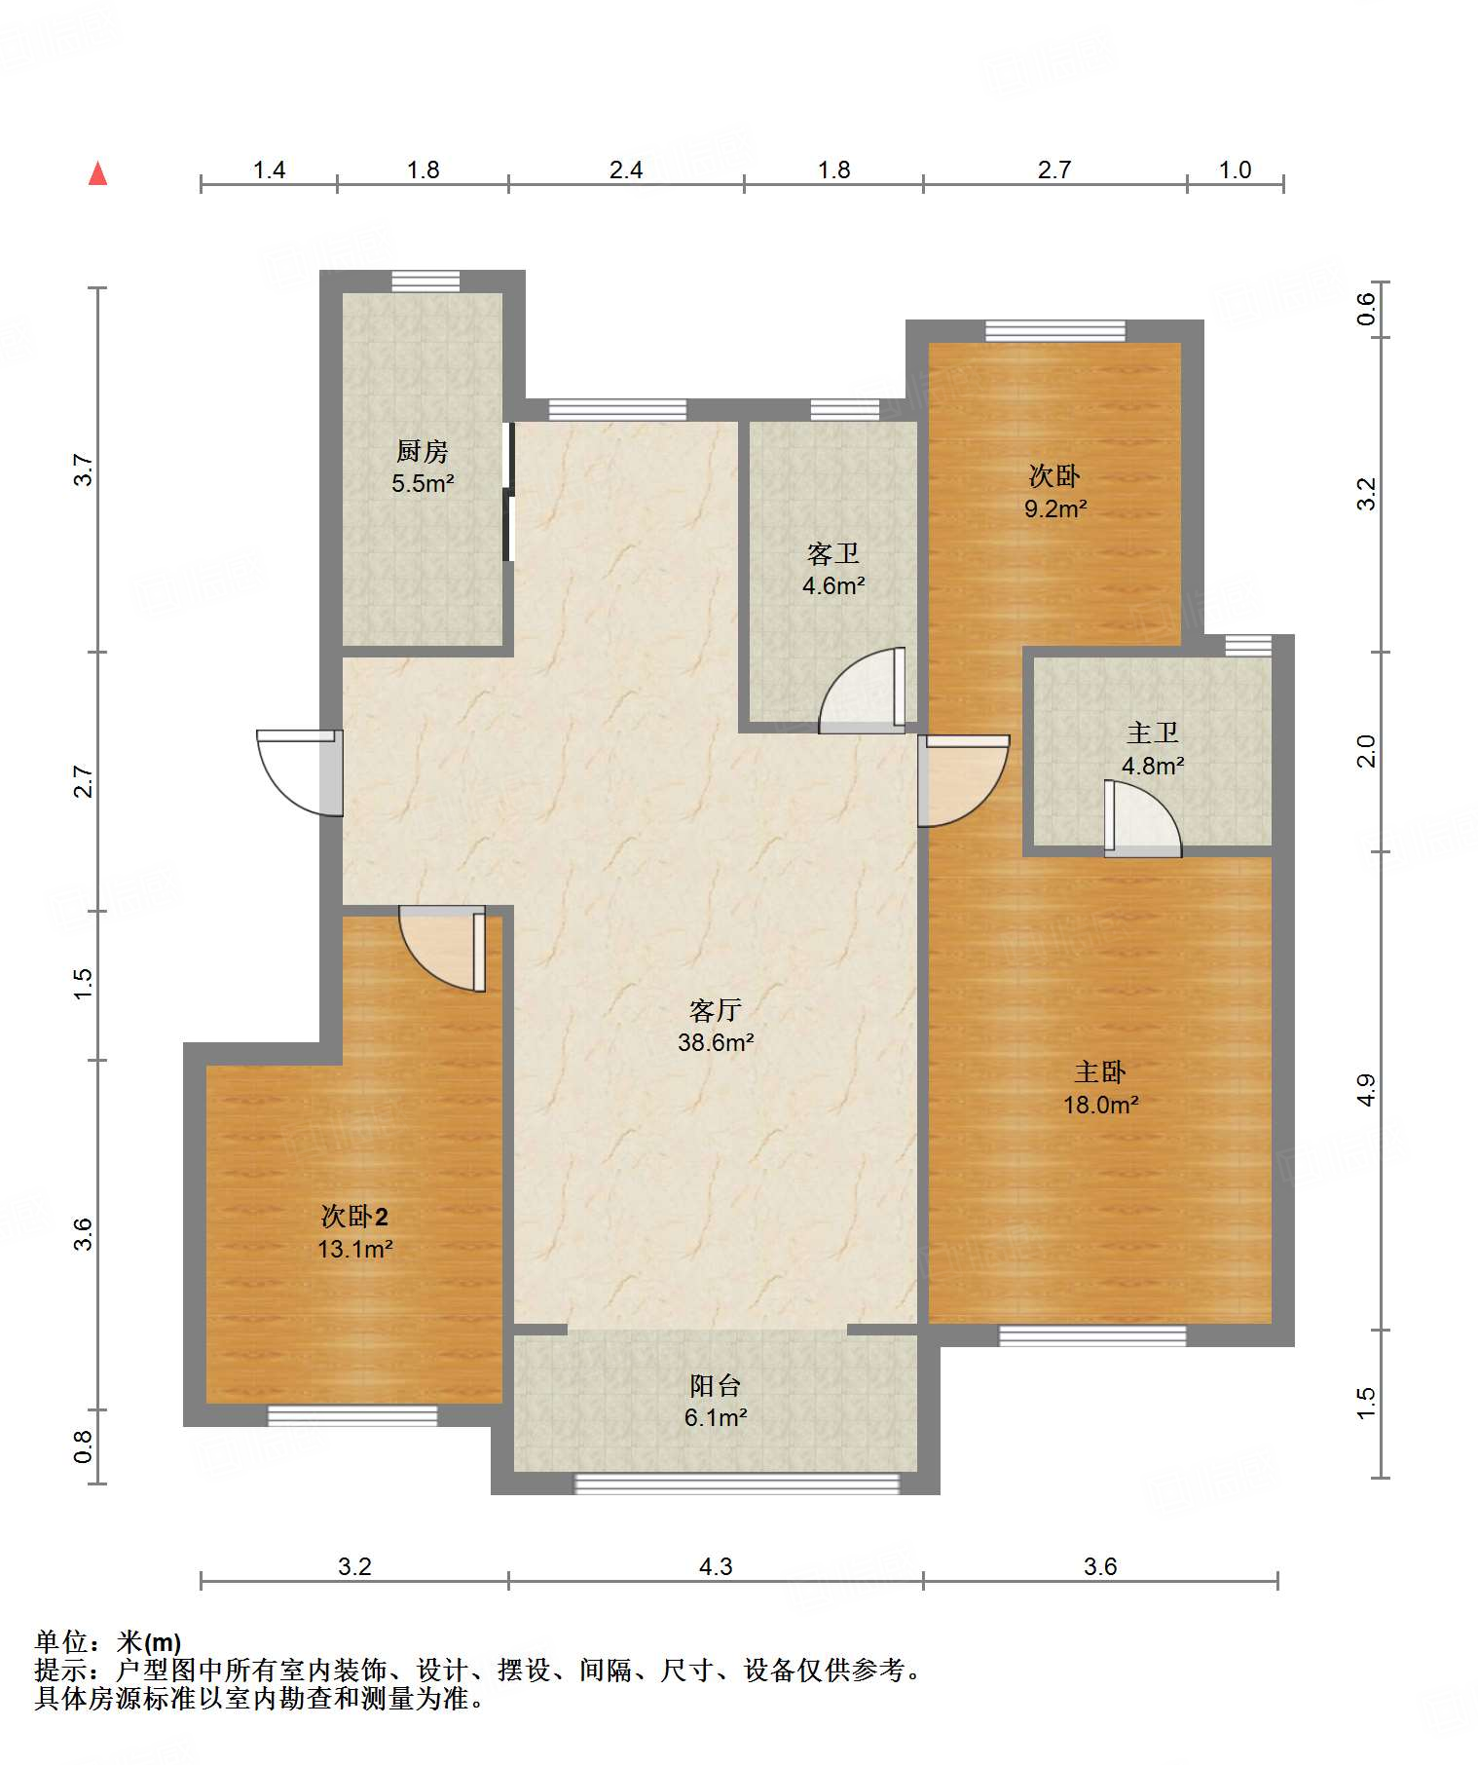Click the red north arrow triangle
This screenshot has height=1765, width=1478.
coord(97,173)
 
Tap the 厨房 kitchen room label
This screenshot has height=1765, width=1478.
coord(423,452)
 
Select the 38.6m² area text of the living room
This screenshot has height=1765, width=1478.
coord(717,1042)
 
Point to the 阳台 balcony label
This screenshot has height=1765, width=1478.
coord(716,1385)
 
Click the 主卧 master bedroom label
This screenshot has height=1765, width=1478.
coord(1100,1072)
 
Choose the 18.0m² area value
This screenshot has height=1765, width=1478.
coord(1101,1105)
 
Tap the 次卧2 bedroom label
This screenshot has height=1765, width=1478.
coord(354,1217)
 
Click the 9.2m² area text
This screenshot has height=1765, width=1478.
coord(1055,508)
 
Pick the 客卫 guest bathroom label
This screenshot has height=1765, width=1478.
coord(833,554)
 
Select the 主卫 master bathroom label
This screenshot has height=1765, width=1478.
coord(1153,732)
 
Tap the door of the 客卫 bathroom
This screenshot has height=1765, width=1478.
coord(863,690)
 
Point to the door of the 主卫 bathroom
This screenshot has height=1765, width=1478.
coord(1143,818)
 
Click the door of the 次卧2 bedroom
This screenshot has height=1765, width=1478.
coord(442,949)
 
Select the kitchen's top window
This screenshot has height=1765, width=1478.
coord(425,281)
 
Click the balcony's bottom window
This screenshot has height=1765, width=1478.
coord(737,1483)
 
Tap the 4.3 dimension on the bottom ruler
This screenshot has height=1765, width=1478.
coord(716,1566)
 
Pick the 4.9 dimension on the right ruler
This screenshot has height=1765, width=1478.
coord(1366,1090)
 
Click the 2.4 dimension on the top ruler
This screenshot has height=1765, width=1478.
coord(626,170)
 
